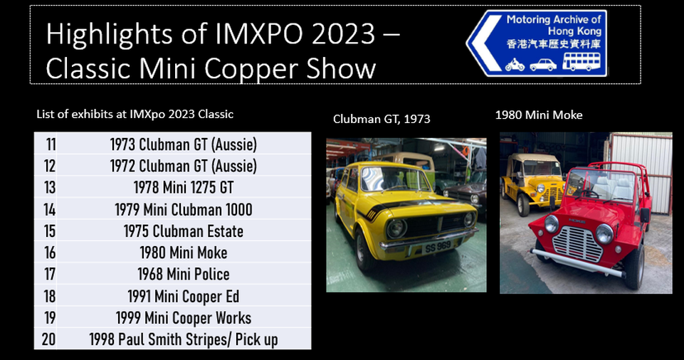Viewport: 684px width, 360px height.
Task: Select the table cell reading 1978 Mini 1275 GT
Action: (184, 187)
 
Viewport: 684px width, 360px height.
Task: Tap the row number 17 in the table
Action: (50, 274)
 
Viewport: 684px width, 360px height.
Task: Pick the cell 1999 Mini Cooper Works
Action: (184, 318)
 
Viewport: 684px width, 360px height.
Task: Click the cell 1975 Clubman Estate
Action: (184, 231)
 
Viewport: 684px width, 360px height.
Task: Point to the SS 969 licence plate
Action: (438, 247)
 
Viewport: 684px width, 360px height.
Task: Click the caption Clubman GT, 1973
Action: (382, 119)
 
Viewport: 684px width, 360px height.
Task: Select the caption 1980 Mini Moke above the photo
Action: (539, 115)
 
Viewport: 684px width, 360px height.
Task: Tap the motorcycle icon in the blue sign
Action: (515, 65)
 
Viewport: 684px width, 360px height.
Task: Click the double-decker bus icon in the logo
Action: (582, 61)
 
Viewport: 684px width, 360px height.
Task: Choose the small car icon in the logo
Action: (543, 65)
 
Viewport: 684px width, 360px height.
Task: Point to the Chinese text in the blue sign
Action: (553, 44)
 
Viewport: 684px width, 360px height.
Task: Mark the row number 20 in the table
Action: (49, 339)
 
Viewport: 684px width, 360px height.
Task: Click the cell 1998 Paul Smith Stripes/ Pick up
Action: (184, 339)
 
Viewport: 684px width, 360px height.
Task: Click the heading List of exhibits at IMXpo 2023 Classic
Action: (135, 115)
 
